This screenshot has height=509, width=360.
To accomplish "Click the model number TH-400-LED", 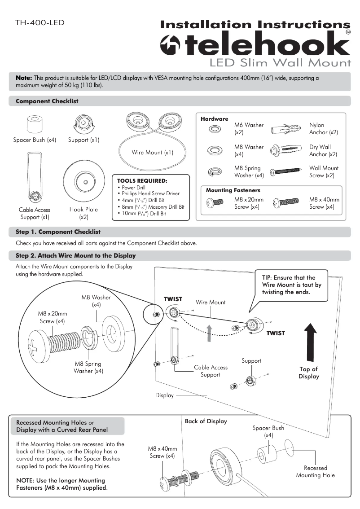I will pyautogui.click(x=40, y=22).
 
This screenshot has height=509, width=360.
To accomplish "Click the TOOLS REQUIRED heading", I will pyautogui.click(x=141, y=181).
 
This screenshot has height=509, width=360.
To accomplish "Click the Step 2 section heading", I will pyautogui.click(x=75, y=255).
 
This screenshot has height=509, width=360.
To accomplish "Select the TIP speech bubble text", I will pyautogui.click(x=291, y=285).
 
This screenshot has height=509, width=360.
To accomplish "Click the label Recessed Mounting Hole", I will pyautogui.click(x=315, y=471).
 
